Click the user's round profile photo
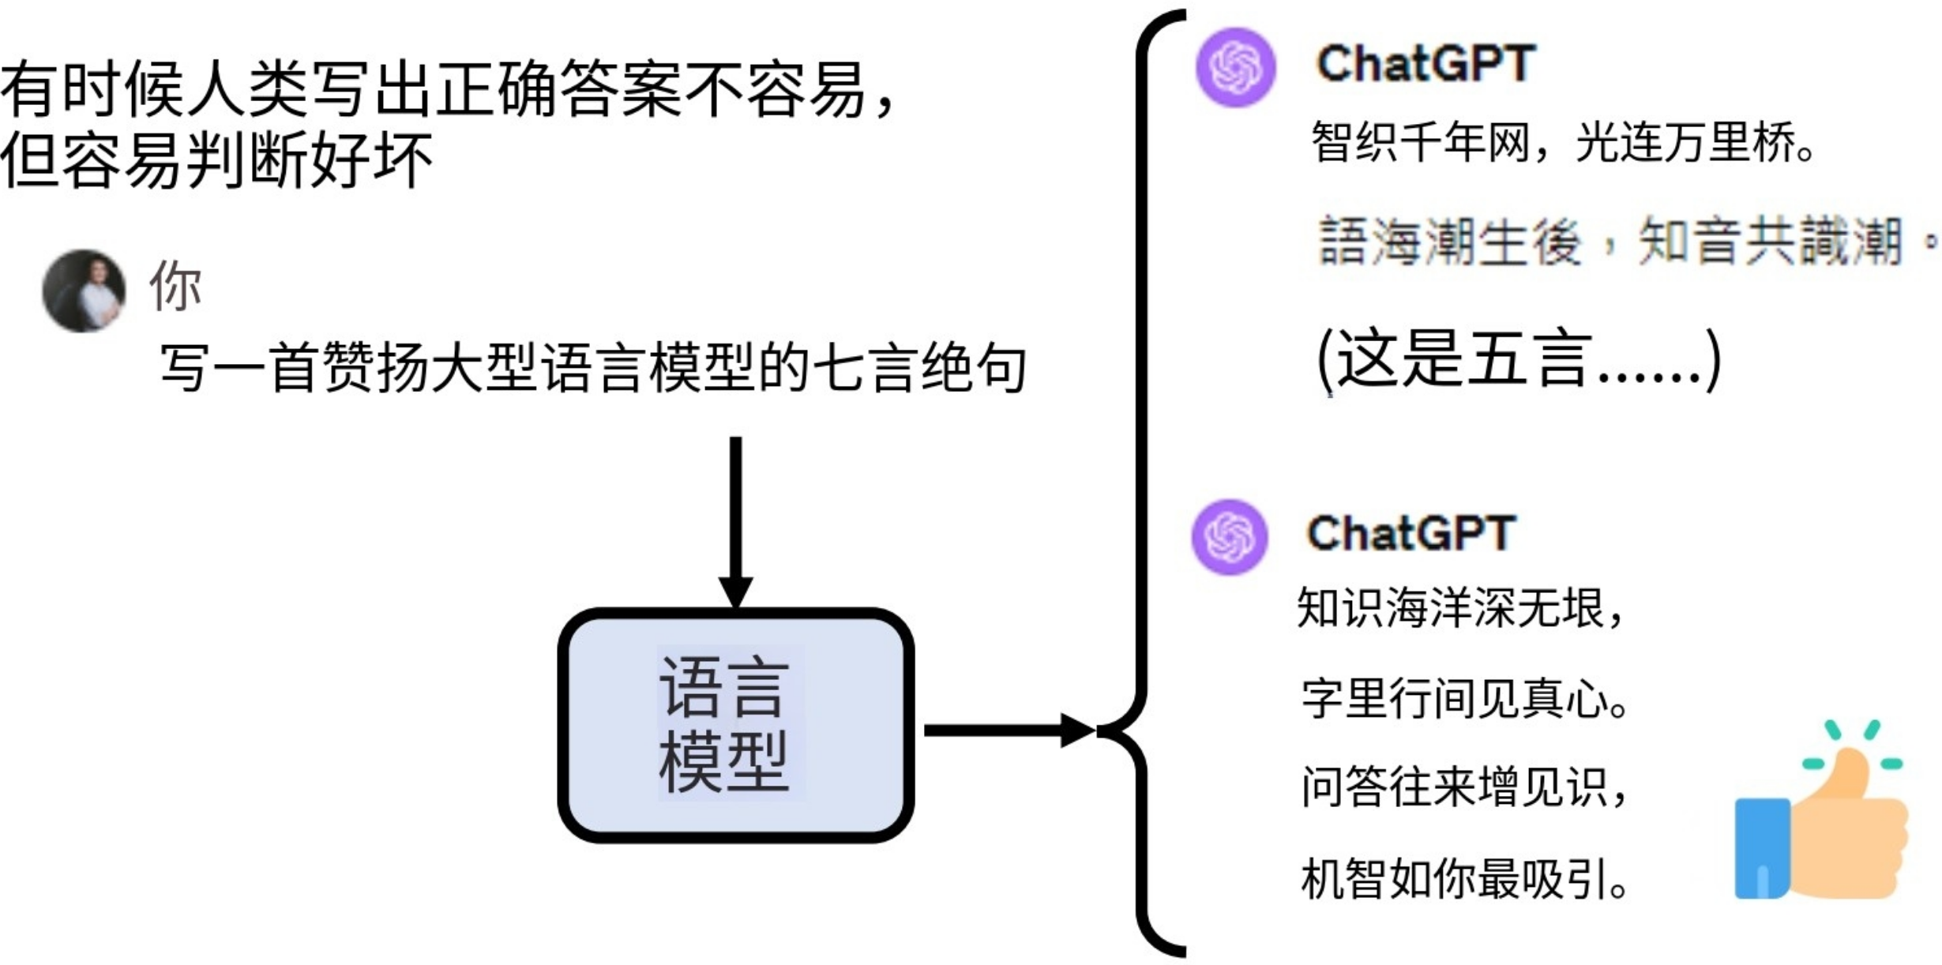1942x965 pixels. click(84, 291)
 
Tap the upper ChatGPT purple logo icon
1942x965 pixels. click(1236, 67)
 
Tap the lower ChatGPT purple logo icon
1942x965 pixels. click(1230, 537)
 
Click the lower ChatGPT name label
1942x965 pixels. click(1410, 533)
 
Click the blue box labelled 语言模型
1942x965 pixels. click(736, 724)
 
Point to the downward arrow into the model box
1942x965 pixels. click(735, 521)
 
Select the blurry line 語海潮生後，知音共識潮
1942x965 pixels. click(1619, 241)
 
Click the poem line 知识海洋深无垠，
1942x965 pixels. click(1461, 608)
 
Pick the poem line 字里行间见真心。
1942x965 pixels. click(1465, 699)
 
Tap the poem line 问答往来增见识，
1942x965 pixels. click(1465, 787)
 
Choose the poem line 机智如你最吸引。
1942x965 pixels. click(1465, 879)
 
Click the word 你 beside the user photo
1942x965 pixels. click(175, 286)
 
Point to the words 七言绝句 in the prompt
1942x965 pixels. click(920, 368)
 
